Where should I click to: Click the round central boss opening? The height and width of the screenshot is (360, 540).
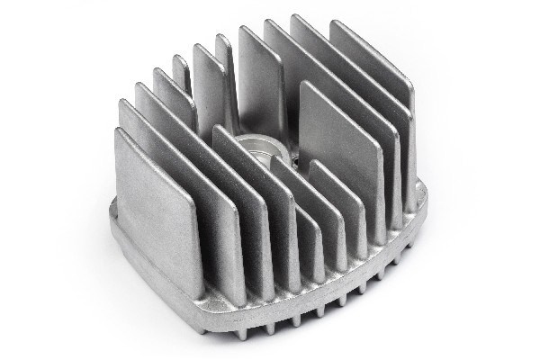(x=254, y=147)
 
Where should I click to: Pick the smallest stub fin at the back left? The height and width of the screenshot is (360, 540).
(x=180, y=67)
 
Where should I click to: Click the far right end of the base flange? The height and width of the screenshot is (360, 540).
(x=424, y=189)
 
